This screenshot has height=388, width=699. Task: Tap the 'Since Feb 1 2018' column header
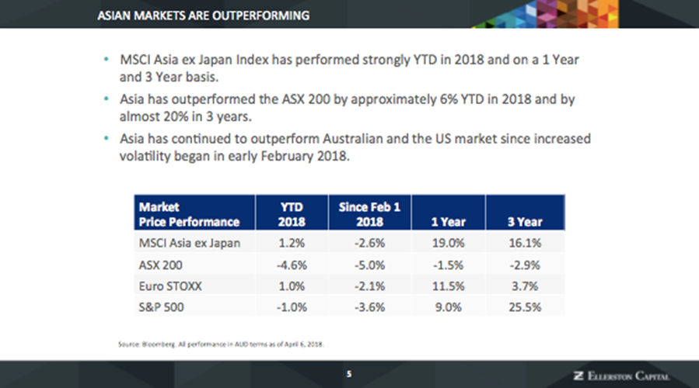coord(369,214)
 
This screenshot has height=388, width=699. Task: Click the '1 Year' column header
coord(447,222)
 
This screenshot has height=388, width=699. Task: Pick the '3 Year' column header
coord(524,222)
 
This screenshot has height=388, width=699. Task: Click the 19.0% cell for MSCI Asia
coord(447,243)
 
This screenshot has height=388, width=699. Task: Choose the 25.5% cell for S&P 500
coord(524,307)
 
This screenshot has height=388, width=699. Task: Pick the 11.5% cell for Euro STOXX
coord(447,286)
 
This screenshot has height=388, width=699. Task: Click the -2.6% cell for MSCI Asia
coord(369,243)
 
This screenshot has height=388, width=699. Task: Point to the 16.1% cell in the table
coord(524,243)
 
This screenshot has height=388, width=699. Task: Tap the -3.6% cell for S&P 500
coord(369,307)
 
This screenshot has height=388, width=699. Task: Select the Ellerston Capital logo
coord(620,376)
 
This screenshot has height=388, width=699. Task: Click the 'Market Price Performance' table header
coord(188,214)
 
